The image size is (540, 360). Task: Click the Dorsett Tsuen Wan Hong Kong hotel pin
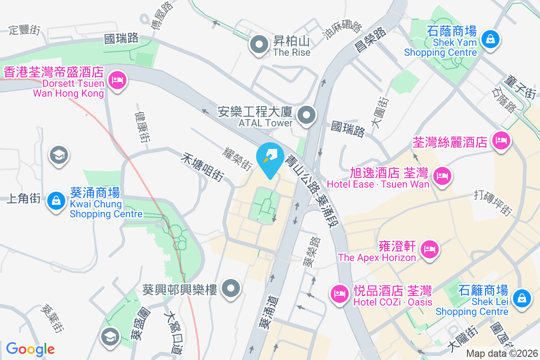click(117, 81)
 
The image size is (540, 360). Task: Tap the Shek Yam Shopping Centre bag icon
click(490, 40)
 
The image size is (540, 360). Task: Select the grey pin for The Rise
click(259, 45)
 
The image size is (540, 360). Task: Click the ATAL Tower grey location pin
click(307, 115)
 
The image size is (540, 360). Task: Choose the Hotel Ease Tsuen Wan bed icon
click(443, 175)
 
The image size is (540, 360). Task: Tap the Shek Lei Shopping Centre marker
click(521, 298)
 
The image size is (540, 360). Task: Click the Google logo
click(30, 349)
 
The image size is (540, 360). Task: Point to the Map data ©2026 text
click(501, 354)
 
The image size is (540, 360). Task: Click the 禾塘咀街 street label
click(203, 166)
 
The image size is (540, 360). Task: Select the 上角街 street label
click(24, 198)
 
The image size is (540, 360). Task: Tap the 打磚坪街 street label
click(493, 202)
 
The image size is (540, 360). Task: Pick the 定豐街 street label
click(25, 31)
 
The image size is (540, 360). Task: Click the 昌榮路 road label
click(371, 40)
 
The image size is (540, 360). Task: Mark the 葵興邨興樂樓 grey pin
click(232, 288)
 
